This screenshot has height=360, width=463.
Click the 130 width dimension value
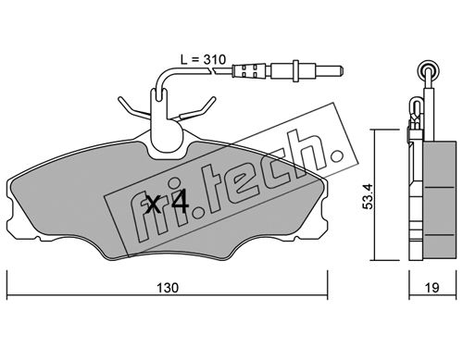(x=168, y=288)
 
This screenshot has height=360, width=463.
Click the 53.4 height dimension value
(x=369, y=196)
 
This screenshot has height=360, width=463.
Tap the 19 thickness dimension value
(x=432, y=288)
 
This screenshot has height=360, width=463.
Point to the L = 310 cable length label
(x=203, y=59)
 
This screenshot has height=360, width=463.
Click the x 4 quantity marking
(x=167, y=203)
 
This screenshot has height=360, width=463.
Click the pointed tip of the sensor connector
(x=342, y=71)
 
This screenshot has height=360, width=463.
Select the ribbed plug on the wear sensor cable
(x=249, y=71)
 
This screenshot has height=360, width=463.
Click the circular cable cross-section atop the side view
(x=428, y=70)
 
